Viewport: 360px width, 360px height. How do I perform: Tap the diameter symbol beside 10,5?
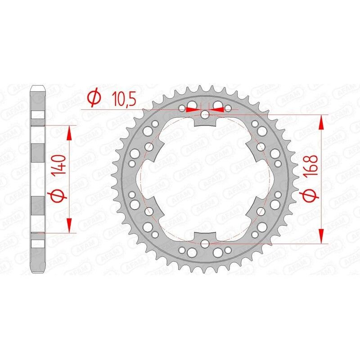[x=94, y=98]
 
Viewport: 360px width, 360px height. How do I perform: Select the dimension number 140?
[x=62, y=166]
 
